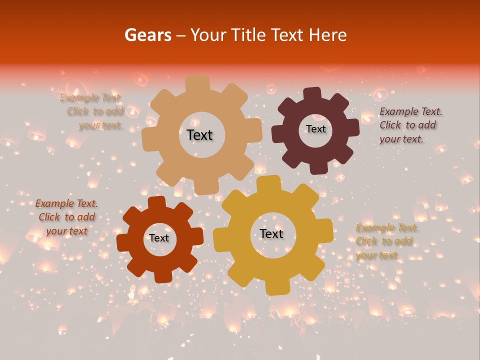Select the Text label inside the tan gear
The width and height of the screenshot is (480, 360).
click(x=199, y=135)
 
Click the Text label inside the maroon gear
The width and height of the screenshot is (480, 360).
click(x=315, y=129)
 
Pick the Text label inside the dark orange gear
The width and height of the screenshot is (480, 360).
click(x=159, y=238)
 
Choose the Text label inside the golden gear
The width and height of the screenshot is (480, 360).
click(x=271, y=233)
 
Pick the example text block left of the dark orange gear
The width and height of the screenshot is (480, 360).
click(x=66, y=217)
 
